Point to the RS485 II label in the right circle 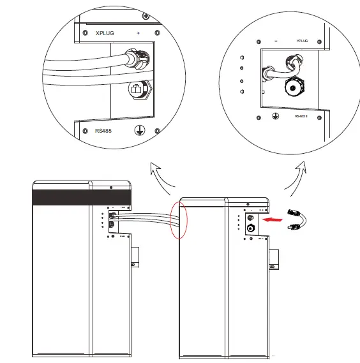[x=302, y=116]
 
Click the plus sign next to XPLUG [x=138, y=32]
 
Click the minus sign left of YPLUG [x=275, y=40]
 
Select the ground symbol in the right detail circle [x=275, y=116]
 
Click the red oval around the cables [x=179, y=219]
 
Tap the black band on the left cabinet [x=81, y=198]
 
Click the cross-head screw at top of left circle [x=147, y=15]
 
